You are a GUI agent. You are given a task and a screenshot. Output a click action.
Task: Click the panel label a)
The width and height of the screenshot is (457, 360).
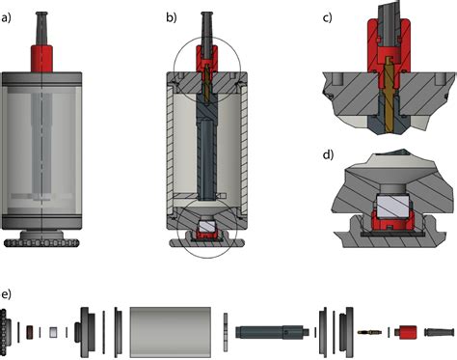(6, 18)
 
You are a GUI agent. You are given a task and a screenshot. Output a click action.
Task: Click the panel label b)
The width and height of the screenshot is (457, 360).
(172, 18)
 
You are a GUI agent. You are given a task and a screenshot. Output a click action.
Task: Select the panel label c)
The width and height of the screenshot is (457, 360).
(327, 18)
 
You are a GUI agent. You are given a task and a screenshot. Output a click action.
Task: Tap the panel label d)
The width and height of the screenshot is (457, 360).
(328, 155)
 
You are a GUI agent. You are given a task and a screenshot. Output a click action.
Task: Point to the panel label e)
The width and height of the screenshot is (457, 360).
(6, 294)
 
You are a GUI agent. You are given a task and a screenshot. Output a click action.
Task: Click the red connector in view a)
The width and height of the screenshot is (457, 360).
(41, 59)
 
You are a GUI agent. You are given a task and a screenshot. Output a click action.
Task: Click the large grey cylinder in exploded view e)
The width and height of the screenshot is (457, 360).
(171, 332)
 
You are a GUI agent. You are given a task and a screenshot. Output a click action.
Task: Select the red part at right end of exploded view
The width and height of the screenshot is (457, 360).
(406, 332)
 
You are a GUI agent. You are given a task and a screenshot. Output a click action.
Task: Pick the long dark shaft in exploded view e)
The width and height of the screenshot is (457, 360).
(272, 332)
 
